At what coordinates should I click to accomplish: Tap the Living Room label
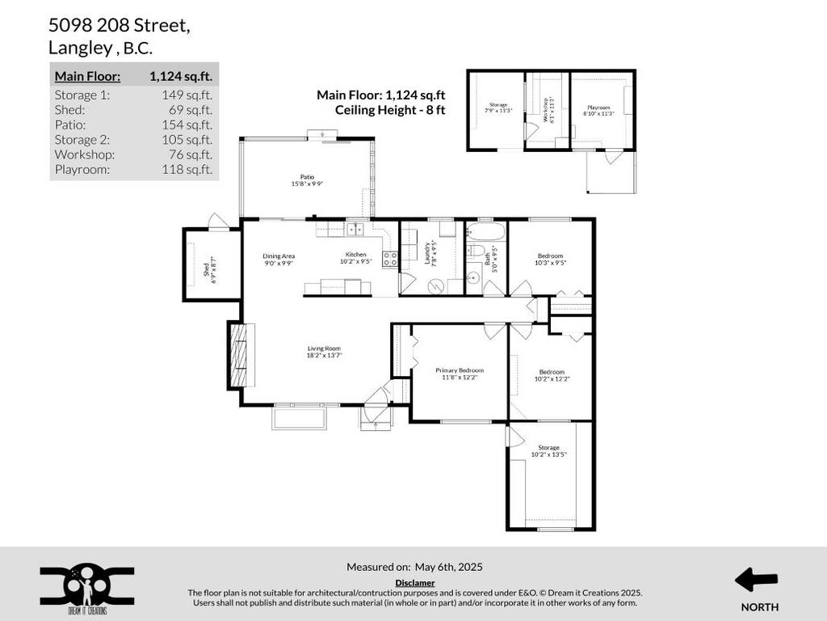(323, 352)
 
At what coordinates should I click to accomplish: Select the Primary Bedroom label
(460, 373)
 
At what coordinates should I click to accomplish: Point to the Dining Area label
(278, 259)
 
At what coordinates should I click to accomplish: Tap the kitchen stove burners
(390, 260)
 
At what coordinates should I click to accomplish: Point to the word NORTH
(759, 606)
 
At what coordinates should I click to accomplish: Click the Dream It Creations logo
(87, 586)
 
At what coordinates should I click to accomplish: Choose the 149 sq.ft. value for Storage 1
(187, 95)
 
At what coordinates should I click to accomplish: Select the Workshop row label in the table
(85, 154)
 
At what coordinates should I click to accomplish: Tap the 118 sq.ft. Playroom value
(187, 170)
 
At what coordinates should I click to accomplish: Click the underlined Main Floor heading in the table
(87, 77)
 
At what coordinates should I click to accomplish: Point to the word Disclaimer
(414, 582)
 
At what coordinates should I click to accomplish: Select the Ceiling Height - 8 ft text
(390, 109)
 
